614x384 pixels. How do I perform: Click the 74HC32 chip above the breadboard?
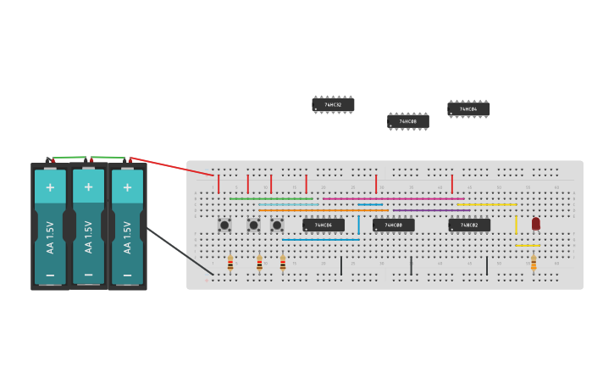(x=333, y=105)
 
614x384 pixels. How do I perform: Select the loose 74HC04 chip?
(x=468, y=109)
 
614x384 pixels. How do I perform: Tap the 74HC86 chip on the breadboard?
(x=324, y=225)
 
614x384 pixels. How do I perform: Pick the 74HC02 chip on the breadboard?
(x=469, y=225)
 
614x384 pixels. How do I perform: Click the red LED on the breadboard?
(x=535, y=224)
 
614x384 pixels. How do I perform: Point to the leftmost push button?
(x=224, y=225)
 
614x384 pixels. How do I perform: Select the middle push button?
(x=253, y=225)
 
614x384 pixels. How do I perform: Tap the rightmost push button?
(x=276, y=225)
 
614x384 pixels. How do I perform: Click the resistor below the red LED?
(x=534, y=263)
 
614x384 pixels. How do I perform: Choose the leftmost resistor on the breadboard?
(x=230, y=263)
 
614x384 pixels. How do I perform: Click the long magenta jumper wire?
(x=393, y=198)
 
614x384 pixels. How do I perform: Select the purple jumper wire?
(x=431, y=210)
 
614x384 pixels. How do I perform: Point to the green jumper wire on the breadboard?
(x=271, y=198)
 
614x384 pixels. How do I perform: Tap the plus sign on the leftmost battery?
(x=50, y=186)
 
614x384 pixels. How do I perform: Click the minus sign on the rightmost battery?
(x=127, y=275)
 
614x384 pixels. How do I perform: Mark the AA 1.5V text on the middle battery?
(x=89, y=237)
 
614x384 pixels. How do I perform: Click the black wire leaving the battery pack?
(x=180, y=251)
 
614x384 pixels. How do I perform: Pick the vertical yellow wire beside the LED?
(x=516, y=225)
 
